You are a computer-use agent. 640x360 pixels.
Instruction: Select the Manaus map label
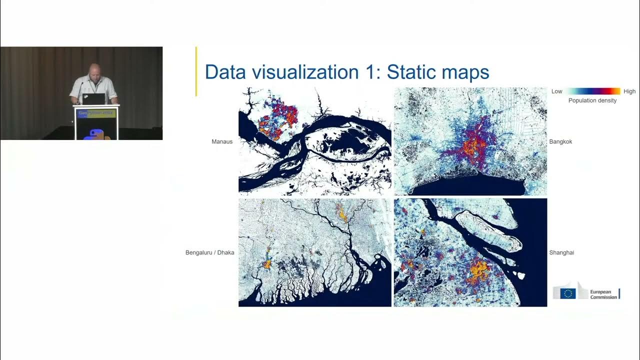222,141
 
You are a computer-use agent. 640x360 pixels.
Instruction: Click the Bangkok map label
560,141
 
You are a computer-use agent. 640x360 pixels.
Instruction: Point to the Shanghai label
561,252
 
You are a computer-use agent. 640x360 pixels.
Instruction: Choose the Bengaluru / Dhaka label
209,252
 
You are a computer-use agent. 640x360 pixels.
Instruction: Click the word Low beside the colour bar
556,91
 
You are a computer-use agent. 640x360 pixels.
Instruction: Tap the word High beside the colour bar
629,91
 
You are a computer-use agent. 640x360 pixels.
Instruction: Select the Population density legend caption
592,100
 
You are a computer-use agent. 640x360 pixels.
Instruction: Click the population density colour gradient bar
592,91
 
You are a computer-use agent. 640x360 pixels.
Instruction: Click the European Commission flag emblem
567,293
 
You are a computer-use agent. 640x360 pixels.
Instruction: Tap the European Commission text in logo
603,294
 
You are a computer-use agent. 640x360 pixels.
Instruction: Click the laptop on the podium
94,98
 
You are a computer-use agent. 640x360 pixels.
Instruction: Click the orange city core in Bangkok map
472,145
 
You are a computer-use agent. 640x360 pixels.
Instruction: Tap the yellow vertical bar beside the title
196,71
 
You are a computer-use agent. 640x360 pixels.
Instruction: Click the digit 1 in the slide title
368,72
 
